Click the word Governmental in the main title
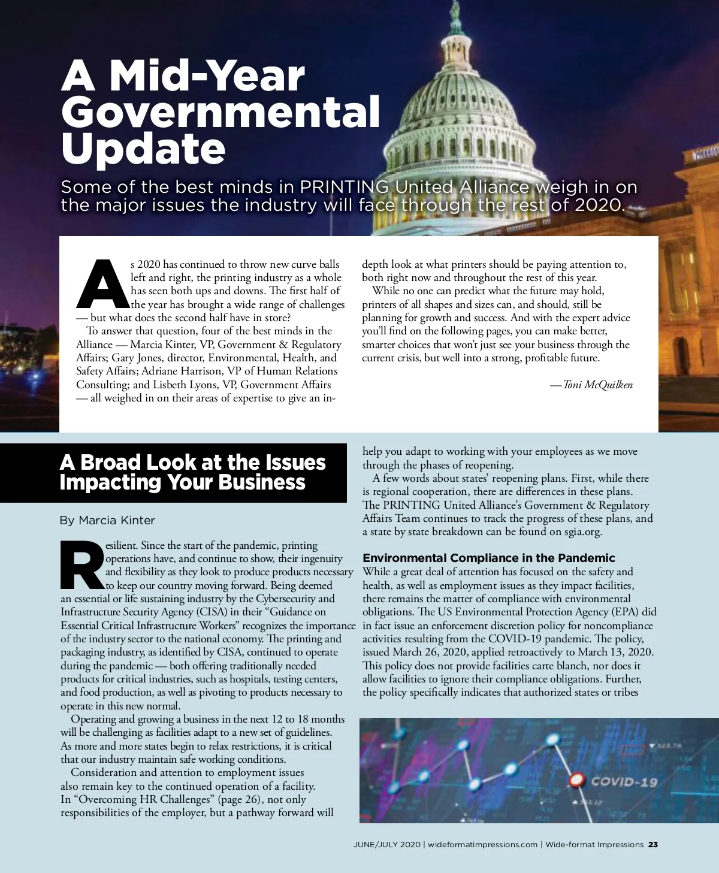click(x=220, y=112)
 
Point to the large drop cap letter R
click(x=83, y=566)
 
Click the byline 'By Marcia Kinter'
click(x=107, y=520)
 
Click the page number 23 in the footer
click(x=653, y=845)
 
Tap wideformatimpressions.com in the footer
click(x=482, y=845)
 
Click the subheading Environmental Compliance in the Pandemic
click(x=489, y=558)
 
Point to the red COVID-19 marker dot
click(x=576, y=780)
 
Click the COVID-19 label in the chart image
click(x=624, y=782)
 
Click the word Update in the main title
click(x=143, y=149)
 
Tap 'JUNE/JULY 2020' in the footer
click(x=387, y=845)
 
